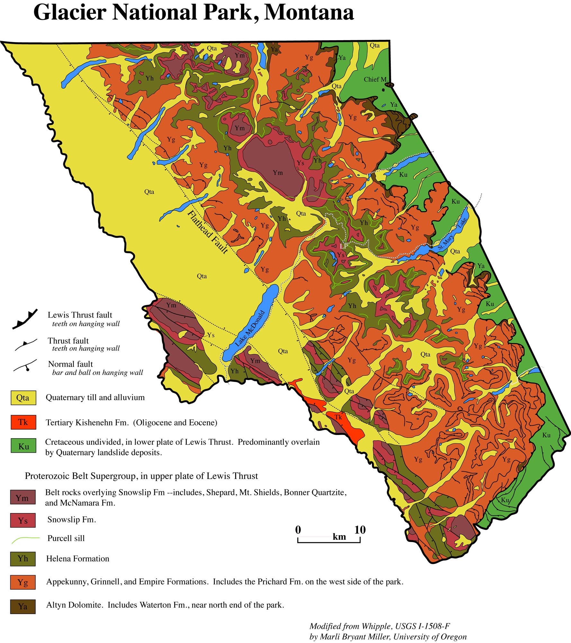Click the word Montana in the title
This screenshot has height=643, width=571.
(308, 13)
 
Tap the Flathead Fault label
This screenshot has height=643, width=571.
(208, 232)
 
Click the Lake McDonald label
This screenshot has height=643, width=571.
(250, 328)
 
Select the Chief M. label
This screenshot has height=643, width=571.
(375, 79)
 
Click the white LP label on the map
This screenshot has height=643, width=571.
(343, 246)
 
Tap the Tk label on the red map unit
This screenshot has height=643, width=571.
(338, 417)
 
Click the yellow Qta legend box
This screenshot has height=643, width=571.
(23, 398)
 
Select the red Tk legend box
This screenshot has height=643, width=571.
(23, 422)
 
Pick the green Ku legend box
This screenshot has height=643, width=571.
(23, 446)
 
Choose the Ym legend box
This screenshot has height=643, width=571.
(22, 498)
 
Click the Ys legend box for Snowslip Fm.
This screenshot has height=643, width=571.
(22, 521)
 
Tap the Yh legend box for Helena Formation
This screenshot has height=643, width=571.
(22, 559)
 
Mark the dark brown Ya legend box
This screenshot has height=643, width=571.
(22, 606)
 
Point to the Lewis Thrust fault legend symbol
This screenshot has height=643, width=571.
(25, 319)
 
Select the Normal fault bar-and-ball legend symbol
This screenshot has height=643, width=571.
(25, 366)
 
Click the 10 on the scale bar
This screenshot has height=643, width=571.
(360, 530)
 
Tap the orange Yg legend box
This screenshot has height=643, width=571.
(22, 582)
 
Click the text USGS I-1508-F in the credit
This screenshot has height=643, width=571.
(422, 626)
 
